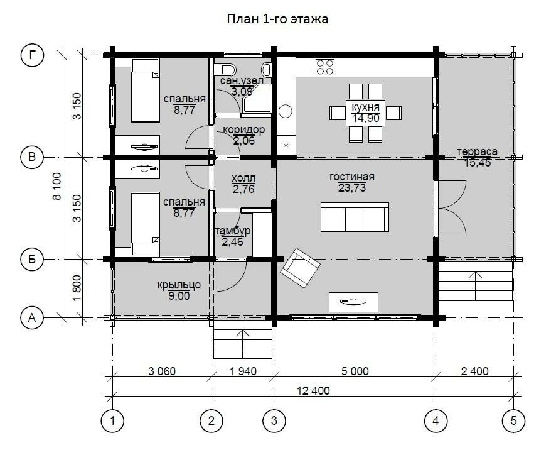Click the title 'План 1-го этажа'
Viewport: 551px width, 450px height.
point(277,19)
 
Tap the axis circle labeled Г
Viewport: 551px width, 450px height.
point(32,55)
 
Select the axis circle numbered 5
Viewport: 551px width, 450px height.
point(514,420)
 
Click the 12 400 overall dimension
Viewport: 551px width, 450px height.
point(313,390)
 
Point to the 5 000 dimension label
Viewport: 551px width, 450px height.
point(355,371)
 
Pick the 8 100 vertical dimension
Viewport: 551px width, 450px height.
point(56,186)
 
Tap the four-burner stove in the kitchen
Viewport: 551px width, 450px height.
point(325,67)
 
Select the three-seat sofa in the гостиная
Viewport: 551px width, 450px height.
point(355,217)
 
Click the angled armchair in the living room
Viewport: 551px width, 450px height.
point(300,268)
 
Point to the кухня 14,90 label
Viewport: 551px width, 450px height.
point(365,112)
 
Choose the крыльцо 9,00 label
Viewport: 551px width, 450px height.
point(179,290)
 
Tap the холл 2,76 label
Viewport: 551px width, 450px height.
point(243,184)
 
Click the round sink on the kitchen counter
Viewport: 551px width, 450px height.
point(286,111)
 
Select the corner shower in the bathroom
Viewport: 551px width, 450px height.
point(259,98)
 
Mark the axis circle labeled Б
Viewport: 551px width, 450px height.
point(32,260)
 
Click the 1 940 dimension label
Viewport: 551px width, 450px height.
point(243,371)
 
